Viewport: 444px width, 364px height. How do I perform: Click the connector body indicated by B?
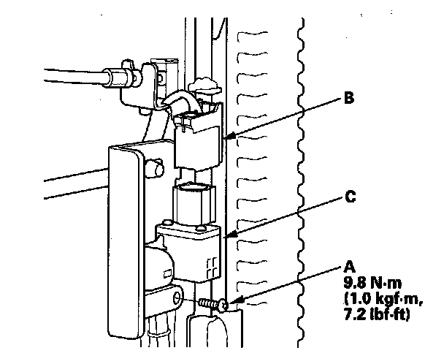[x=198, y=140]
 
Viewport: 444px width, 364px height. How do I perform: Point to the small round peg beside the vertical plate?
[x=155, y=168]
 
